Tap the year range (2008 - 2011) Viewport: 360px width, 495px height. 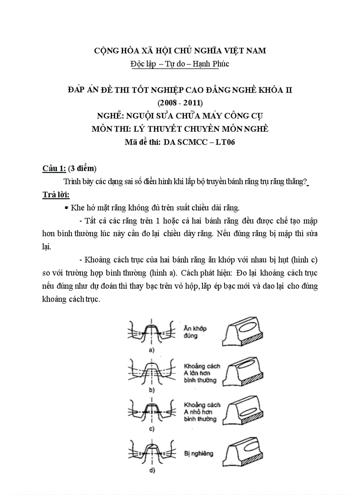[180, 103]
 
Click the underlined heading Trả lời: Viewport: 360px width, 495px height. [56, 194]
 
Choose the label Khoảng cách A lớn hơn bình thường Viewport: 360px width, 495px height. [201, 373]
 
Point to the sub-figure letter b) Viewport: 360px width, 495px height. [151, 390]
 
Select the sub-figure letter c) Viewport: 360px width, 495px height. [151, 428]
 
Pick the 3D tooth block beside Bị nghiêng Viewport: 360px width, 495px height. [244, 453]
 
